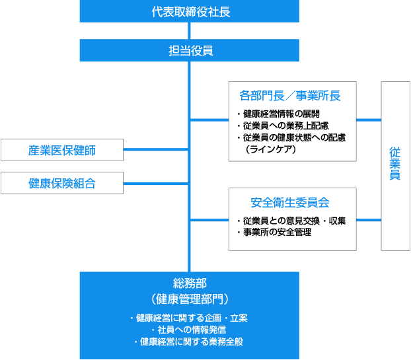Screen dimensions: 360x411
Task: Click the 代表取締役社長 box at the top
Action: (189, 11)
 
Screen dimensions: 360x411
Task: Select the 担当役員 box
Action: (189, 50)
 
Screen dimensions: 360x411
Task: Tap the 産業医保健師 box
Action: (62, 150)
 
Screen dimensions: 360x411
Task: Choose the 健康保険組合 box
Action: (62, 183)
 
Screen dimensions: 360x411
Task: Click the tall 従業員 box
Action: (395, 166)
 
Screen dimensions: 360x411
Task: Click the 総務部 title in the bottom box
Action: (189, 283)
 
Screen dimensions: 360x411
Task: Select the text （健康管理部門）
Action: (189, 298)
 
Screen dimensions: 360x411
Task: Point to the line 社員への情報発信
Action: (189, 330)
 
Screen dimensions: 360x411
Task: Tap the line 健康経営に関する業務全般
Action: (189, 342)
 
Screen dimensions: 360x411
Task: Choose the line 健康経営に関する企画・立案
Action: (189, 318)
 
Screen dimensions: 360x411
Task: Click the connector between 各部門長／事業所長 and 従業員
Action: (369, 120)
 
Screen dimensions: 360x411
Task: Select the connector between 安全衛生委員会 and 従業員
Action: (369, 219)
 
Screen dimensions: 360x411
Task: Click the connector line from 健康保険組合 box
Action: (157, 183)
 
